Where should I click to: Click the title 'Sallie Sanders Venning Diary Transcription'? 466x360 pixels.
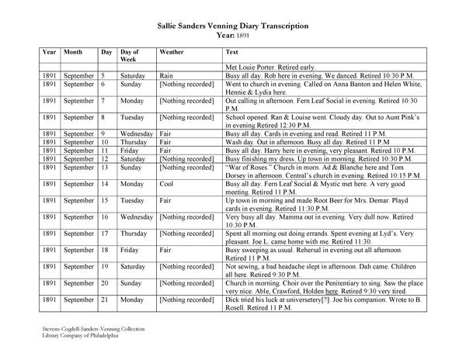(232, 26)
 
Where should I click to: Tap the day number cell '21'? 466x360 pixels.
(106, 299)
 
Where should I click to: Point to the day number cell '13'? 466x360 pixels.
(106, 166)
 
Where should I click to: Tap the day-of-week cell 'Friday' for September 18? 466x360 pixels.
(130, 249)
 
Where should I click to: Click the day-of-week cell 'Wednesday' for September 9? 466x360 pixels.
(137, 133)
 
